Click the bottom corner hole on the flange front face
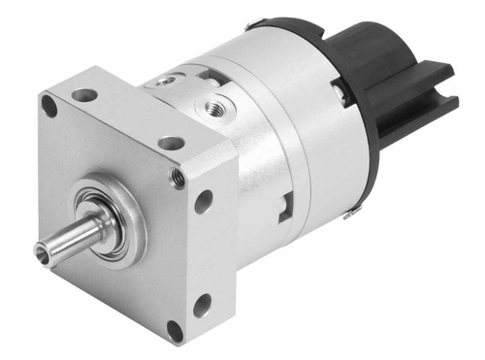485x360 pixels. point(175,331)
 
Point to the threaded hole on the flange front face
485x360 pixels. point(178,177)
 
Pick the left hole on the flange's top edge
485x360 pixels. point(85,95)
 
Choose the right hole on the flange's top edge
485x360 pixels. point(172,143)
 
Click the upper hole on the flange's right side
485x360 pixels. point(204,201)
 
